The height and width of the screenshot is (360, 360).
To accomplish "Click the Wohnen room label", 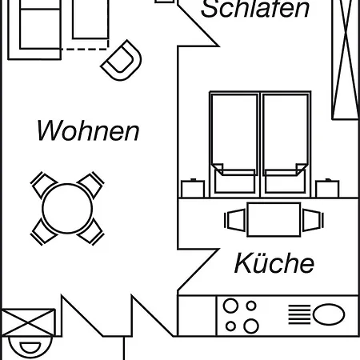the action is (88, 130).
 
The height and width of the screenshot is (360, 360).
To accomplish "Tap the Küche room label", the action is (274, 263).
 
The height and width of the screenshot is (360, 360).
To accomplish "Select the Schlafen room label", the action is (255, 8).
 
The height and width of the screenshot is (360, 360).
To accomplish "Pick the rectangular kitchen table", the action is (274, 219).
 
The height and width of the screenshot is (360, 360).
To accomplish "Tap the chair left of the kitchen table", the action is (235, 220).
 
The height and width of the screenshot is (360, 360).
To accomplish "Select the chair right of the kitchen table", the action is (313, 220).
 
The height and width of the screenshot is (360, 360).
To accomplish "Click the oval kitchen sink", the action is (329, 314).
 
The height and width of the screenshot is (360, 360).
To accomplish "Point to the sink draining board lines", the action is (299, 314).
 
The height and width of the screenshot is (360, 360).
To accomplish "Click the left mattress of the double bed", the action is (234, 144).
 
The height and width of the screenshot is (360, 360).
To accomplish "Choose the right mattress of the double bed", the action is (286, 144).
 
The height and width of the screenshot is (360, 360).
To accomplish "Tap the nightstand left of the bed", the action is (193, 188).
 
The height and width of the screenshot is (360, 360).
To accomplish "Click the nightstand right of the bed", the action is (327, 188).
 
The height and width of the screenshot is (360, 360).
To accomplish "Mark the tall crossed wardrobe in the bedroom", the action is (346, 58).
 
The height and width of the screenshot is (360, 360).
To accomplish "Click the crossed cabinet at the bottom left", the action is (28, 322).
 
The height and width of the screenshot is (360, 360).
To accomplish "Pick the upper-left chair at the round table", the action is (42, 184).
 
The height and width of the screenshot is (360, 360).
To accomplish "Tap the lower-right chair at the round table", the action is (91, 233).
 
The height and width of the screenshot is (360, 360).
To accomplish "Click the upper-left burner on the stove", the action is (230, 306).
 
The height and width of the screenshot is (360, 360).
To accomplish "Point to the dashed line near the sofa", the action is (85, 49).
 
